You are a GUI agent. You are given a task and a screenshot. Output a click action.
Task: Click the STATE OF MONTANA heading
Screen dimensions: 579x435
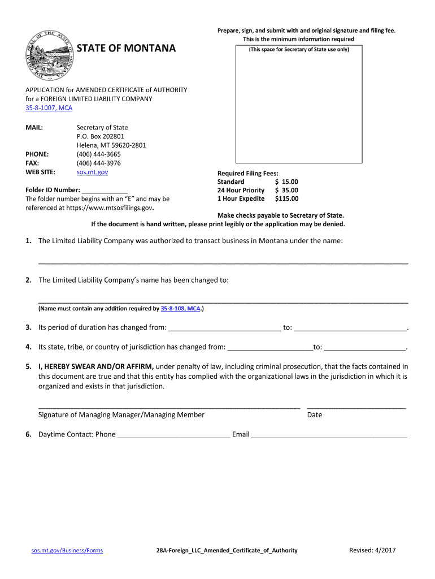[x=126, y=48]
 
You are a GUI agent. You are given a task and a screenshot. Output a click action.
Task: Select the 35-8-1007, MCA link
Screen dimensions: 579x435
[x=49, y=107]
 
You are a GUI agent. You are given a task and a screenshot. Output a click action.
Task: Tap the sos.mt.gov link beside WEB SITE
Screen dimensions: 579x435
[x=92, y=171]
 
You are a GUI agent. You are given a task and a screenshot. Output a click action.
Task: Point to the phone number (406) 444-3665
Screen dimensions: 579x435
[x=98, y=154]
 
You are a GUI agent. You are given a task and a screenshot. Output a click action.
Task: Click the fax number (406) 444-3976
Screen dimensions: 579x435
[x=98, y=163]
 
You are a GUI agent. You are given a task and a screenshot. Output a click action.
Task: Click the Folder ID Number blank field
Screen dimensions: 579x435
[x=105, y=191]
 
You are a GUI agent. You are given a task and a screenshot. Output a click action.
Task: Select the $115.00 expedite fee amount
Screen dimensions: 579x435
[x=286, y=198]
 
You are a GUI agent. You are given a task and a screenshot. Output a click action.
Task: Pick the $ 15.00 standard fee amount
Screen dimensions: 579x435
[x=286, y=182]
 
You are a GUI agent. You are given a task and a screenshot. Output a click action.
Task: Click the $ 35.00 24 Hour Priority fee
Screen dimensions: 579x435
[x=286, y=190]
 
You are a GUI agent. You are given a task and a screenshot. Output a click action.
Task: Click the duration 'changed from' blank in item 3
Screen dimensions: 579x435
[x=224, y=328]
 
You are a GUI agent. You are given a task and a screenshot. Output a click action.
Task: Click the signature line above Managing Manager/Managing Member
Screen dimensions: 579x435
[x=169, y=405]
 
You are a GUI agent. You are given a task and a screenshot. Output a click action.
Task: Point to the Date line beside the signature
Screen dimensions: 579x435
[x=356, y=405]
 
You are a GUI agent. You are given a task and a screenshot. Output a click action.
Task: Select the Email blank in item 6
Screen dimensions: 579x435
[x=329, y=435]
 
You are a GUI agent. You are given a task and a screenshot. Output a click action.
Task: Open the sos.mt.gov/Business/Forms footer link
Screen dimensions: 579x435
[x=67, y=550]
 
